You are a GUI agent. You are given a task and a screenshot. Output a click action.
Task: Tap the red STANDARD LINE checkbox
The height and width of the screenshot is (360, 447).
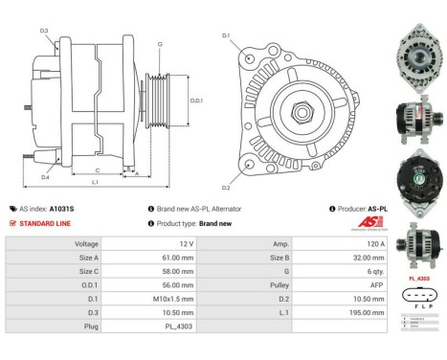pyautogui.click(x=12, y=223)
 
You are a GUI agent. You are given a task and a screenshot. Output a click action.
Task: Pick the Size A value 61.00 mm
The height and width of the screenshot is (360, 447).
pyautogui.click(x=173, y=258)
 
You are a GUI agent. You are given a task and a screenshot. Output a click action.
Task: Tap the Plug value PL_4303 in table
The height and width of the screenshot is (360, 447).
pyautogui.click(x=176, y=325)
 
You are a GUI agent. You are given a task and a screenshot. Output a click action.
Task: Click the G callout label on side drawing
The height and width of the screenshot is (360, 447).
pyautogui.click(x=160, y=44)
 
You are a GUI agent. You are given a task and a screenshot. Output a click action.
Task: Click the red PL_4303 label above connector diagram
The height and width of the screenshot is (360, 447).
pyautogui.click(x=419, y=279)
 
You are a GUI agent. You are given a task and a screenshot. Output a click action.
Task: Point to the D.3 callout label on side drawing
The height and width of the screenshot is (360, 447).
pyautogui.click(x=45, y=32)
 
